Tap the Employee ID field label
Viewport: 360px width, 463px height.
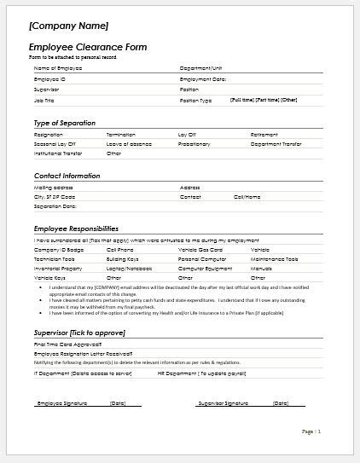click(49, 78)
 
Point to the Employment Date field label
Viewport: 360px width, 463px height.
click(203, 78)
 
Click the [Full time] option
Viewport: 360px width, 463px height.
click(241, 100)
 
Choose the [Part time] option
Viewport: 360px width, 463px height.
click(267, 100)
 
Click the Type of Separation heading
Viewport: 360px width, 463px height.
click(65, 124)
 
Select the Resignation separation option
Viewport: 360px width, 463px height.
click(48, 135)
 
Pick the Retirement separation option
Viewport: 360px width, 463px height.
click(264, 135)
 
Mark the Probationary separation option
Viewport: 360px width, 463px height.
click(194, 144)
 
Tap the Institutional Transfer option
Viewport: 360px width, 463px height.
click(58, 154)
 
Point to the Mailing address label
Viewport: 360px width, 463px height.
click(53, 187)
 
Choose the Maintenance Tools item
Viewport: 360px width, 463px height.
click(274, 259)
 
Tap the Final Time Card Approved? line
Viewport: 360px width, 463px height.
click(67, 343)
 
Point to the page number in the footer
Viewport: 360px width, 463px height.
click(312, 431)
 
